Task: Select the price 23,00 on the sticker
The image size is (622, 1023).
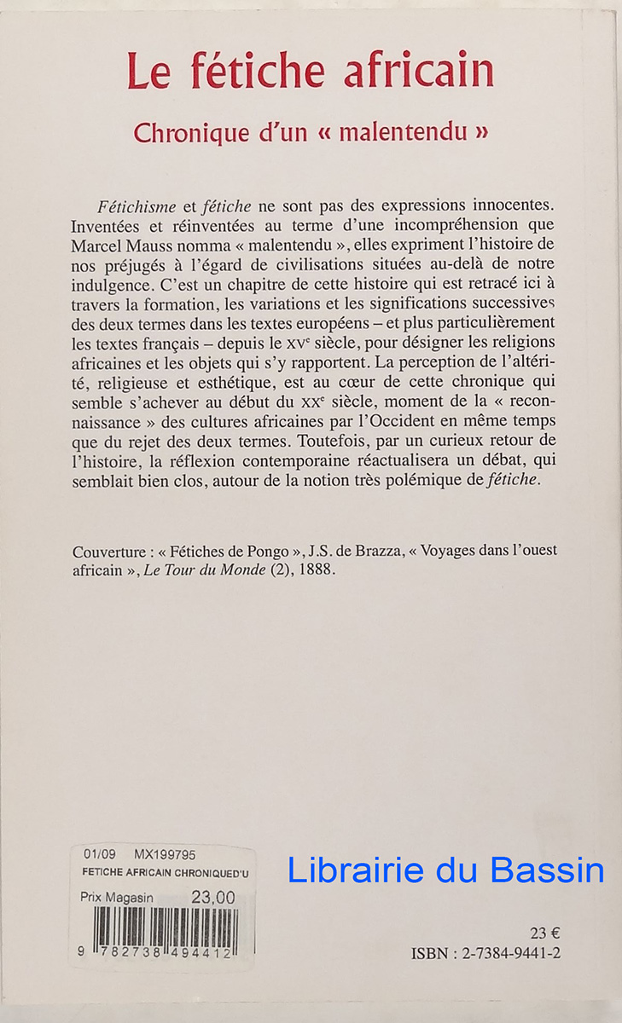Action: (x=212, y=897)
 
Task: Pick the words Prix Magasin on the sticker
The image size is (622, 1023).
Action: (x=118, y=898)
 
